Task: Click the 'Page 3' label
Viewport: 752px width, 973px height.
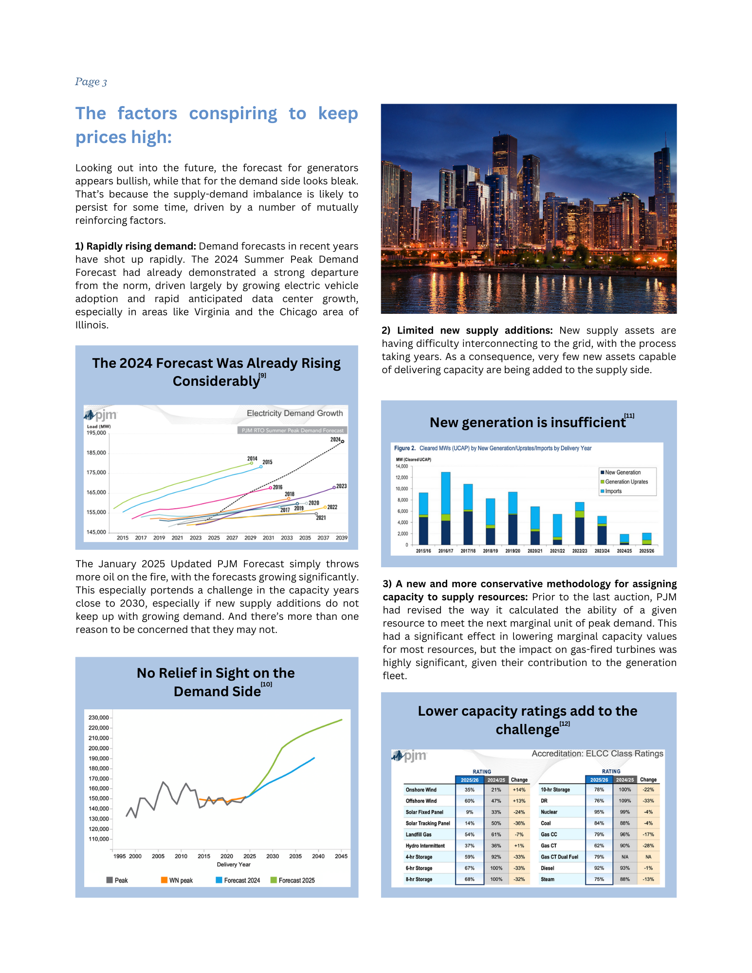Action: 91,82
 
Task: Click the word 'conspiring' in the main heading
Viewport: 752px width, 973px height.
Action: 233,114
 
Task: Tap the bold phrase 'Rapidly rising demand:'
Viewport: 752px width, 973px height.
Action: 141,246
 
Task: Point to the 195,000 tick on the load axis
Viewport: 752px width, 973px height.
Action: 96,433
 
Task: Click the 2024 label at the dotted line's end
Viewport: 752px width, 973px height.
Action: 335,439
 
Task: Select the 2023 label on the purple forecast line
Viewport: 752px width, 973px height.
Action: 342,486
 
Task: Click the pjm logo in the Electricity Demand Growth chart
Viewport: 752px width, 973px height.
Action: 101,415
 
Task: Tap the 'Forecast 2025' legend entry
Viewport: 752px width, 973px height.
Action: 296,881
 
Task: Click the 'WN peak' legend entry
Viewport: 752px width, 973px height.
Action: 180,881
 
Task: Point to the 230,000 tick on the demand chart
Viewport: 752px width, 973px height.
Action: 98,718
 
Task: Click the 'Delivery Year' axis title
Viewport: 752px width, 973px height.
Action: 234,865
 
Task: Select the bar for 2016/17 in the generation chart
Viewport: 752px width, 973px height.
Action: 445,508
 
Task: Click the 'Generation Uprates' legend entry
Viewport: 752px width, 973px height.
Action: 626,482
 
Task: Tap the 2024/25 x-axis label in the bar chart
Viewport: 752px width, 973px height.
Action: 624,551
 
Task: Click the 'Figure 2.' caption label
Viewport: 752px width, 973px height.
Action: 404,448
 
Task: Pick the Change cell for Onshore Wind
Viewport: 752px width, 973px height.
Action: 519,790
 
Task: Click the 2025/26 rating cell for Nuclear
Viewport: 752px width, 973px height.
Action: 599,812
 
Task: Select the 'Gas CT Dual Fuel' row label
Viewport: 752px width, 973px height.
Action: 559,857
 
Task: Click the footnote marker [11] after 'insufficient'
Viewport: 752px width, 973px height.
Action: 629,416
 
